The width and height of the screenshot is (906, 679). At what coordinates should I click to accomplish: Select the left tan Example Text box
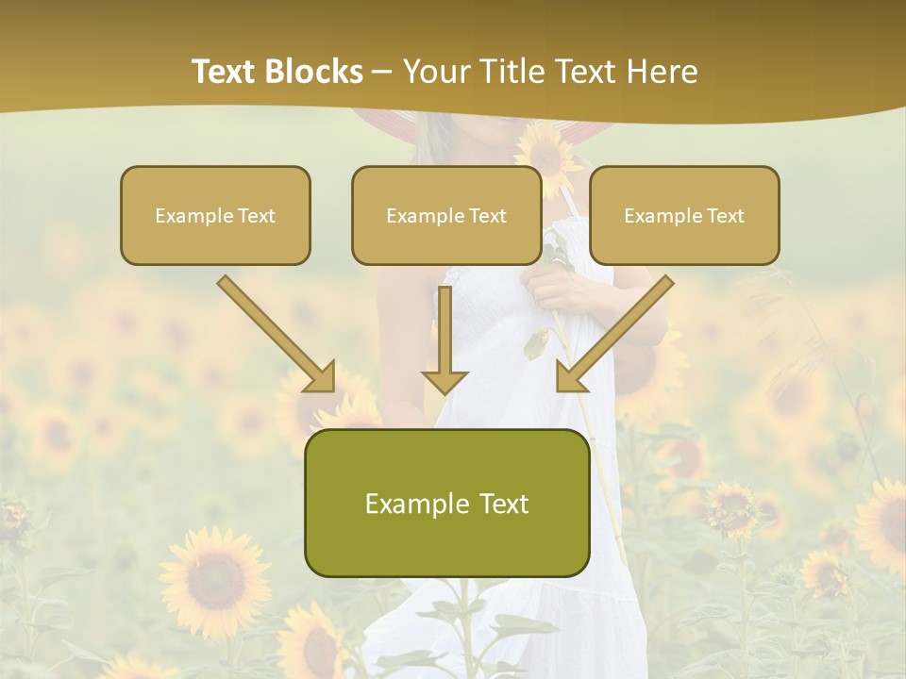coord(215,215)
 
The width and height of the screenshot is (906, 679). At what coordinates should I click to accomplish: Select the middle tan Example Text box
coord(446,215)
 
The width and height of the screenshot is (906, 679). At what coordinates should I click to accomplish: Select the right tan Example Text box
coord(684,215)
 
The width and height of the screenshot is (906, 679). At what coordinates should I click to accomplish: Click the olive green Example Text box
coord(446,503)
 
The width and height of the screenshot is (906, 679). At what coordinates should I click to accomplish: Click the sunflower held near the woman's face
coord(546,151)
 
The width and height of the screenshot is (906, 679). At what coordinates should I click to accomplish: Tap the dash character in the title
coord(382,72)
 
